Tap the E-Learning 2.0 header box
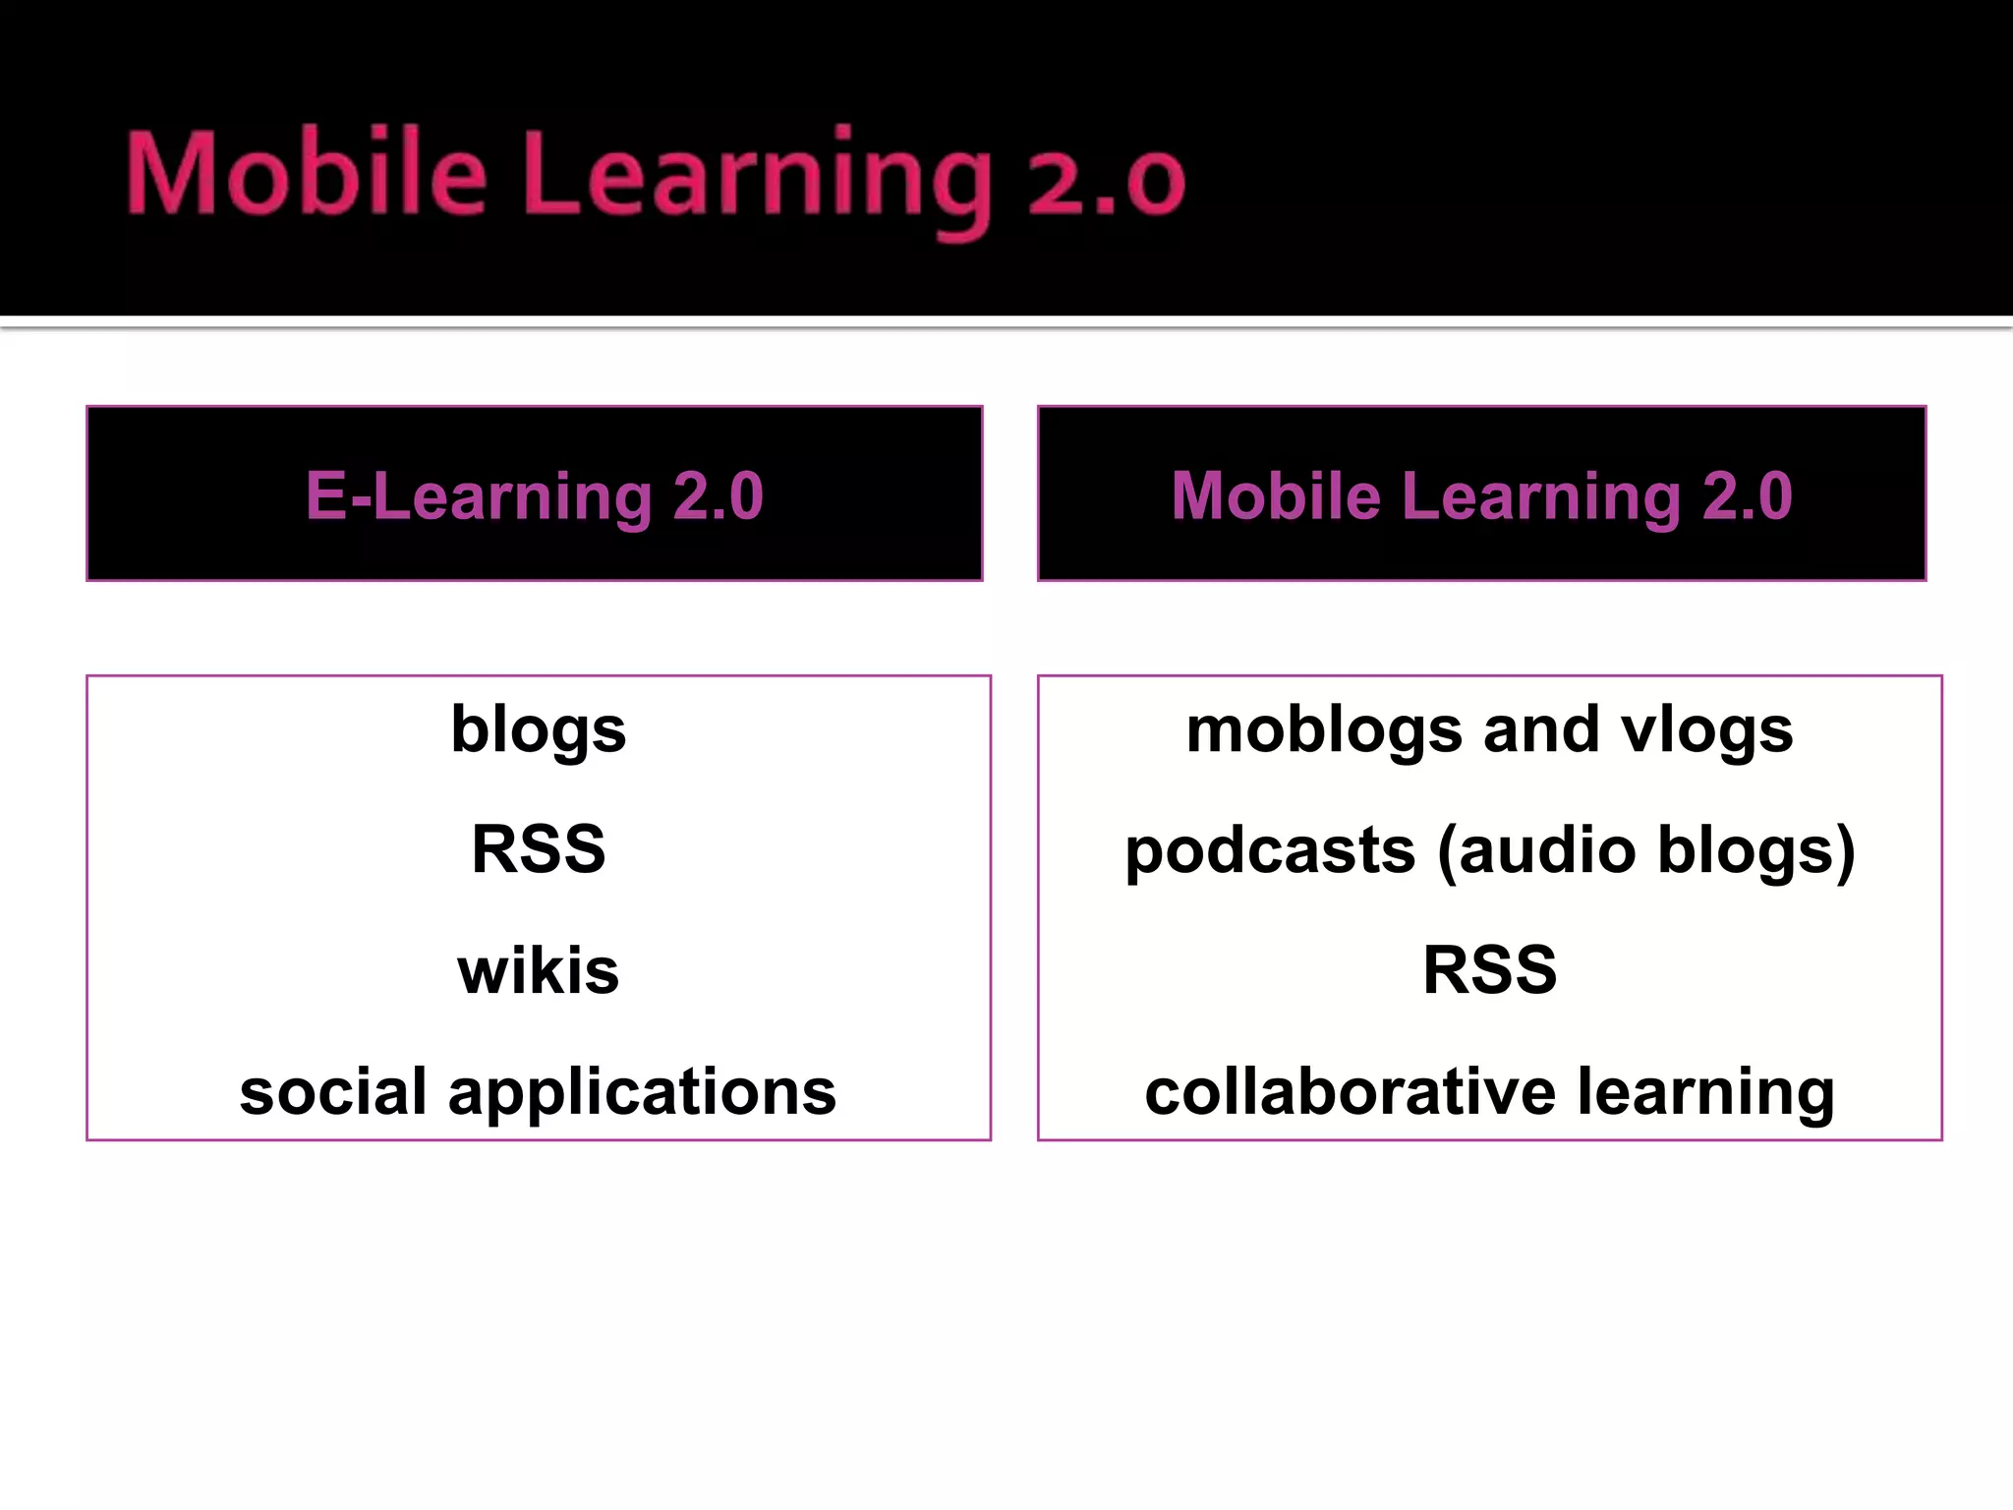(x=534, y=494)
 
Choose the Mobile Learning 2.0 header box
(x=1481, y=494)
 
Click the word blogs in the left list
(x=539, y=730)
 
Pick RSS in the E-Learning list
(x=539, y=848)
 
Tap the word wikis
(x=539, y=970)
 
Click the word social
(x=333, y=1091)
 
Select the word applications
(x=642, y=1093)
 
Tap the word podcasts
(x=1270, y=850)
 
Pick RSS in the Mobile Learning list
(x=1489, y=970)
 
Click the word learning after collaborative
(x=1706, y=1093)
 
